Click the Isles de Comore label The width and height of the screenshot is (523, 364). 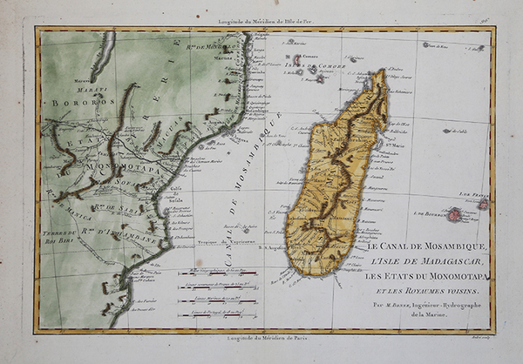point(321,62)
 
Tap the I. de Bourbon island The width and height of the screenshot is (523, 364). point(453,212)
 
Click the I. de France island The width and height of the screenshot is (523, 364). point(483,204)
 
